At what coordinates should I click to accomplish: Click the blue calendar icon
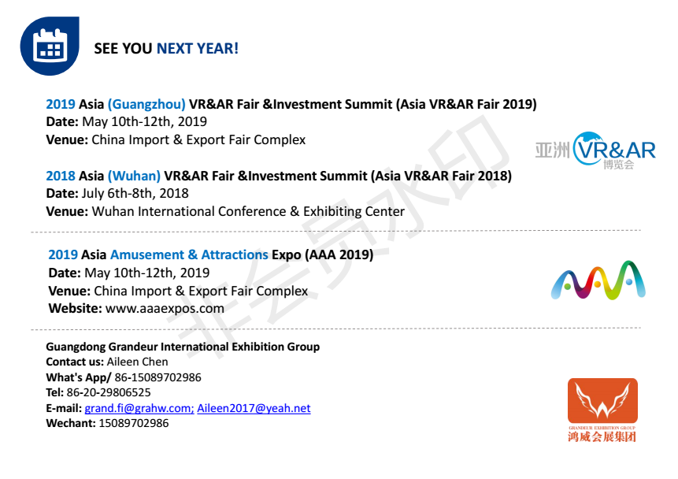coord(50,46)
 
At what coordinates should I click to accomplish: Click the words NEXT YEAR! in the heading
coord(198,49)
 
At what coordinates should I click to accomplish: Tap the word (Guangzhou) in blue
coord(146,104)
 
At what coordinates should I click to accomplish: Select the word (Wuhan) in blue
coord(134,176)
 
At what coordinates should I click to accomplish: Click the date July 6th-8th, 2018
coord(135,194)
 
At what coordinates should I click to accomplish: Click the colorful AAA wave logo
coord(598,280)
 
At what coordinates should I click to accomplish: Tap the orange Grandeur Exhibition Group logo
coord(602,410)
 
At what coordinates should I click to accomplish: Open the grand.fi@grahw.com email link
coord(139,408)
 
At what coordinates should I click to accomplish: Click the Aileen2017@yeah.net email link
coord(254,408)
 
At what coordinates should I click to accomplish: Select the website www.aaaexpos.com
coord(165,309)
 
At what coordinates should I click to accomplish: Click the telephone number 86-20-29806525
coord(109,392)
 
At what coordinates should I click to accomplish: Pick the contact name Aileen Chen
coord(138,362)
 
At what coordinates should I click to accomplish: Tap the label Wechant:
coord(71,423)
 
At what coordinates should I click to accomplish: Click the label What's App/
coord(79,377)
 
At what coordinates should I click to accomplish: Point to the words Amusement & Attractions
coord(190,254)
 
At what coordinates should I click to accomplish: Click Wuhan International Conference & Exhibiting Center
coord(248,212)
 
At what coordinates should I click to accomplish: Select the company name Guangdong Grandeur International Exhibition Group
coord(183,347)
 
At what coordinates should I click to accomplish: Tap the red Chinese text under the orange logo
coord(602,436)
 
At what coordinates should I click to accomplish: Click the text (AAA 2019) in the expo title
coord(339,254)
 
